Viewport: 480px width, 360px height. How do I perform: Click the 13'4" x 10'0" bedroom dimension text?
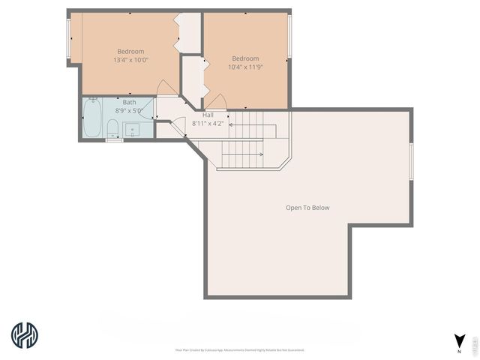[130, 60]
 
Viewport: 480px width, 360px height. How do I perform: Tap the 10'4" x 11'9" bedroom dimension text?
[245, 67]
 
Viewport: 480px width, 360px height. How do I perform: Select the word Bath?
[130, 102]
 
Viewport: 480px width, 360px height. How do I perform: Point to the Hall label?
[208, 115]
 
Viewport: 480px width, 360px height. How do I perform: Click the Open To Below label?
[307, 208]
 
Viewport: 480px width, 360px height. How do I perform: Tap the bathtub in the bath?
[92, 119]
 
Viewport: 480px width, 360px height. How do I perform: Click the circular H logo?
[25, 335]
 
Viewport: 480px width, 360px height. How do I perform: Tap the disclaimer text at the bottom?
[240, 349]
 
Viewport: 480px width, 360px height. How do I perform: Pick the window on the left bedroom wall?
[70, 39]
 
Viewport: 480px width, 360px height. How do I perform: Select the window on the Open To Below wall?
[411, 160]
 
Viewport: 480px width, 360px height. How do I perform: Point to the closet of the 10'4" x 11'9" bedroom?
[193, 78]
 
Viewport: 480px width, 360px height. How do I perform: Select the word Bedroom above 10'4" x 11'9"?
[245, 58]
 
